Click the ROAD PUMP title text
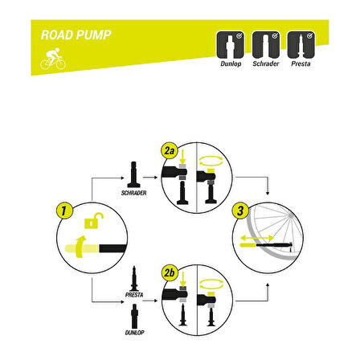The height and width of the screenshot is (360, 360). [76, 35]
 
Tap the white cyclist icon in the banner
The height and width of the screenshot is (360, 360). [53, 59]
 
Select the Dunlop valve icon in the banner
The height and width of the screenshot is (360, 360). [231, 45]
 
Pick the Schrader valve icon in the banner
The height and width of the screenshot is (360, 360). [266, 45]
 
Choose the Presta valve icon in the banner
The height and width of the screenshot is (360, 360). [301, 45]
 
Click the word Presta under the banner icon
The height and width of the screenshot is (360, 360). [301, 63]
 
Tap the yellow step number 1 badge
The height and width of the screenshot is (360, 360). [64, 211]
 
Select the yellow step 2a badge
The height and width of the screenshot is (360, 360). [169, 151]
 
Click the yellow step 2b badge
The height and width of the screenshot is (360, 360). [169, 273]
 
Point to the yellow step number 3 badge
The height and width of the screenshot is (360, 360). [240, 211]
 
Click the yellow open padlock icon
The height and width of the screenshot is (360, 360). [93, 220]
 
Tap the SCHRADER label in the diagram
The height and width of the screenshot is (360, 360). [133, 193]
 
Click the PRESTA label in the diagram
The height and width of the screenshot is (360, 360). [134, 295]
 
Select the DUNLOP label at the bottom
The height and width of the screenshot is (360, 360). [134, 333]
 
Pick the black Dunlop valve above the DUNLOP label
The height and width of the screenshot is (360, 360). [134, 316]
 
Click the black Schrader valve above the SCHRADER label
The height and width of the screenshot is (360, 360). [133, 174]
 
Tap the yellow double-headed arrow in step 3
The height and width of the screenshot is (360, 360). [257, 238]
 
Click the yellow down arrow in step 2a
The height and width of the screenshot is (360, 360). [182, 157]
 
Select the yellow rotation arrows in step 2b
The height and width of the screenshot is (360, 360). [211, 284]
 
